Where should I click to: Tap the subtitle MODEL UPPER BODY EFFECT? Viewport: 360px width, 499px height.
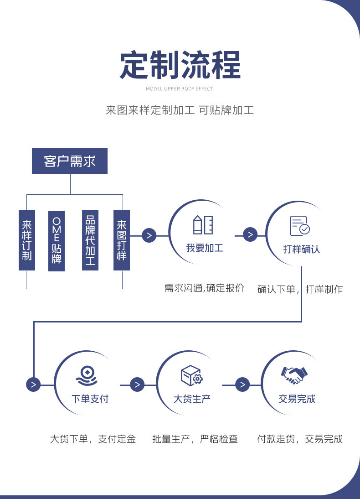click(180, 89)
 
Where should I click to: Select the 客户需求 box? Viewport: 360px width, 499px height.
click(70, 161)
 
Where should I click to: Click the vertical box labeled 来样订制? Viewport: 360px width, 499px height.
click(27, 240)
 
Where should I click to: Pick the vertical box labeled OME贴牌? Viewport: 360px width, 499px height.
click(57, 240)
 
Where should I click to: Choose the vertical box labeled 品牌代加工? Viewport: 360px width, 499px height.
click(90, 240)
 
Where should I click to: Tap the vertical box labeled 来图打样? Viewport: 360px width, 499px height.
click(122, 240)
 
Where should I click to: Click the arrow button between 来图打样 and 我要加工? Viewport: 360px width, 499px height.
click(149, 236)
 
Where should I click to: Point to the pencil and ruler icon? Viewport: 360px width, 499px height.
click(203, 225)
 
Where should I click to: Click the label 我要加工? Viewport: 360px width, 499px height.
click(205, 248)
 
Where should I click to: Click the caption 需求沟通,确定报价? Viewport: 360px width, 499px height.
click(205, 288)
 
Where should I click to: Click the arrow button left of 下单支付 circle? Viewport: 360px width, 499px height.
click(33, 385)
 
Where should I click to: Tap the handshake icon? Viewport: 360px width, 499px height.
click(294, 375)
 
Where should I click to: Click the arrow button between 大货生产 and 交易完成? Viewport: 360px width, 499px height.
click(242, 385)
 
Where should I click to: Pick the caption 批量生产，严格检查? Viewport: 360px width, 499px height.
click(195, 440)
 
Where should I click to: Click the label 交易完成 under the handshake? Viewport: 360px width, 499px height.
click(297, 399)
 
